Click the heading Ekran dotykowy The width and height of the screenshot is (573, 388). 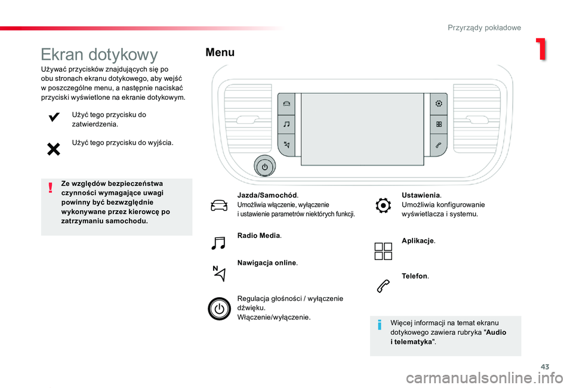point(99,55)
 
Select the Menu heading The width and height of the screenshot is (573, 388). point(220,53)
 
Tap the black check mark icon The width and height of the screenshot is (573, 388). point(53,118)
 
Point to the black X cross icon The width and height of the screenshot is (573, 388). point(53,149)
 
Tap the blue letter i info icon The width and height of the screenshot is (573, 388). point(380,326)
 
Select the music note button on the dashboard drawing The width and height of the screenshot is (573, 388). point(286,124)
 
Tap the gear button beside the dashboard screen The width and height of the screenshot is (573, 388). point(439,103)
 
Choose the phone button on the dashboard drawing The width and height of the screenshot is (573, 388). point(439,145)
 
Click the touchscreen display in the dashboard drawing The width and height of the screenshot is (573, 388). point(362,129)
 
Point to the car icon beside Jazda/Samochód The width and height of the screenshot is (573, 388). point(219,205)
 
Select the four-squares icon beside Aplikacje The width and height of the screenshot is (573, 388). point(384,250)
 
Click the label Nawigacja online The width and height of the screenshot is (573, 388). point(267,263)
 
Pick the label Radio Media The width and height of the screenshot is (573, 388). point(259,236)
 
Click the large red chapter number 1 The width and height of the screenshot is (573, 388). point(541,50)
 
